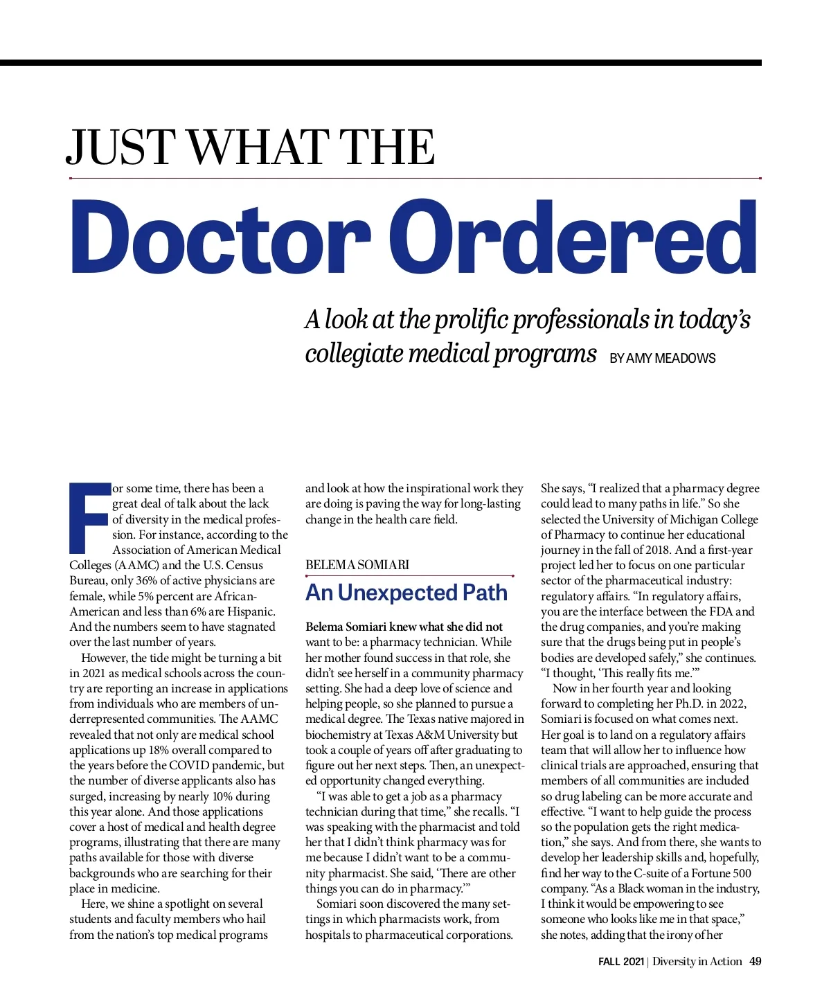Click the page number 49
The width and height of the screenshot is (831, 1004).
point(755,961)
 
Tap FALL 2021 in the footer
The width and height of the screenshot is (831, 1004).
point(621,961)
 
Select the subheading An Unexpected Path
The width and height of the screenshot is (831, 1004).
point(406,593)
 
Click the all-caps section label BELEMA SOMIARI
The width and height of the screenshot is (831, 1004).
point(357,564)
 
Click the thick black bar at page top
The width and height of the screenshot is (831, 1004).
point(381,62)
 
